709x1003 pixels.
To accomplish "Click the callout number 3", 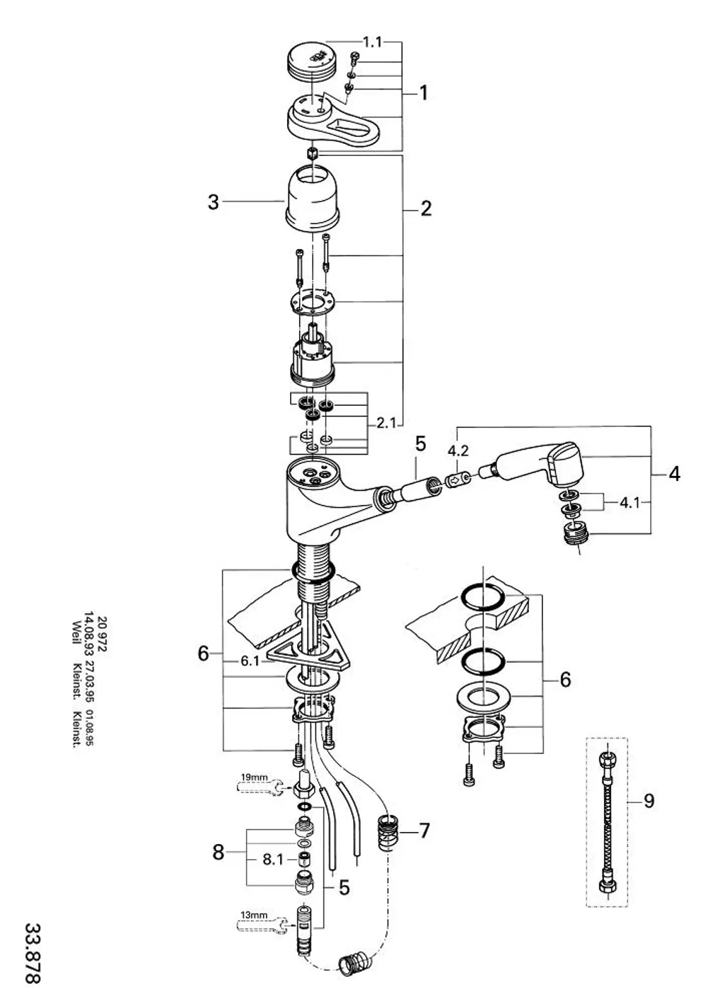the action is point(213,202).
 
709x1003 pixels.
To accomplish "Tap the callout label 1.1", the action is point(372,43).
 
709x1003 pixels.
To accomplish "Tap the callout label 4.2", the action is point(458,450).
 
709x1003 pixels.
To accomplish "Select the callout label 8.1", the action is point(272,860).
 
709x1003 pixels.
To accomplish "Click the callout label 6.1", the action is point(250,661).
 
